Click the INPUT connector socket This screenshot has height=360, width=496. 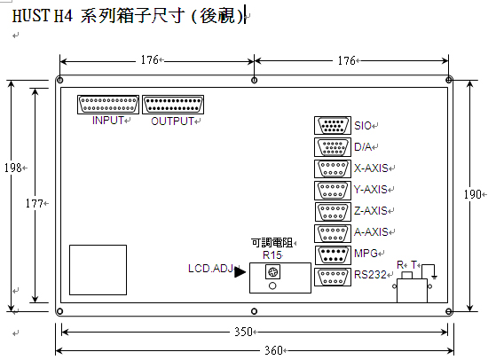coord(108,105)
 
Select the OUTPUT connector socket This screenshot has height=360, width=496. coord(173,105)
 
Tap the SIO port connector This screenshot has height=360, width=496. coord(333,126)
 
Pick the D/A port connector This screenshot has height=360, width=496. coord(333,147)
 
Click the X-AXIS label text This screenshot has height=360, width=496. coord(371,168)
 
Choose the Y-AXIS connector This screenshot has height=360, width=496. coord(333,191)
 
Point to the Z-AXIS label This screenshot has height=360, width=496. coord(370,210)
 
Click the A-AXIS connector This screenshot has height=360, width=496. coord(333,233)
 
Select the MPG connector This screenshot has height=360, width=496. coord(333,255)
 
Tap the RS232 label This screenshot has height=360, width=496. coord(370,275)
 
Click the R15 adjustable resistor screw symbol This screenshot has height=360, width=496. coord(272,272)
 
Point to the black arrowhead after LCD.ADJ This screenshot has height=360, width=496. coord(240,272)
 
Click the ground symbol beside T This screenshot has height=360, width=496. coord(434,278)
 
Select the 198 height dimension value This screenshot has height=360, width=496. coord(12,168)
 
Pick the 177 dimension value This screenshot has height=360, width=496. coord(35,204)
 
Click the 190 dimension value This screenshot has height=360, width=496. coord(473,194)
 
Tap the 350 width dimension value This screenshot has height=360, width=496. coord(243,332)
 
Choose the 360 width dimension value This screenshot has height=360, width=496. coord(273,350)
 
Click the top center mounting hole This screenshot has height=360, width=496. coord(254,81)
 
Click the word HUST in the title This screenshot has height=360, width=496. coord(31,15)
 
